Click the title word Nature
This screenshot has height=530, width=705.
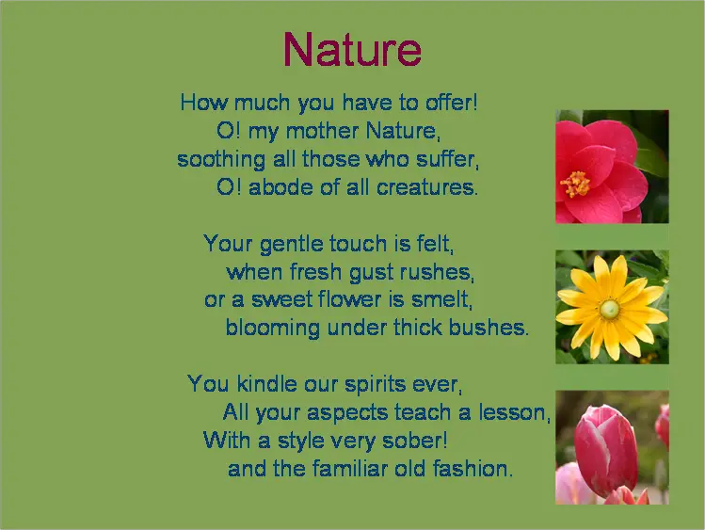pos(352,50)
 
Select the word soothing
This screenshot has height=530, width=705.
pos(221,160)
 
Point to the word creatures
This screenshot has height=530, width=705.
pos(427,187)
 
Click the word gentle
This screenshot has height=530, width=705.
pos(292,244)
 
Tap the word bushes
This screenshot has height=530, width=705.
pos(489,328)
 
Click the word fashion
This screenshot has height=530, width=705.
pos(473,469)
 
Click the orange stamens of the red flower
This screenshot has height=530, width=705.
pos(574,184)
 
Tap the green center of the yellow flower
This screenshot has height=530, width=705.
pos(609,309)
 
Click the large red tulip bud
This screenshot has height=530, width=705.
pos(606,449)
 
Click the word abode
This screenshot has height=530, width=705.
pos(280,187)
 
